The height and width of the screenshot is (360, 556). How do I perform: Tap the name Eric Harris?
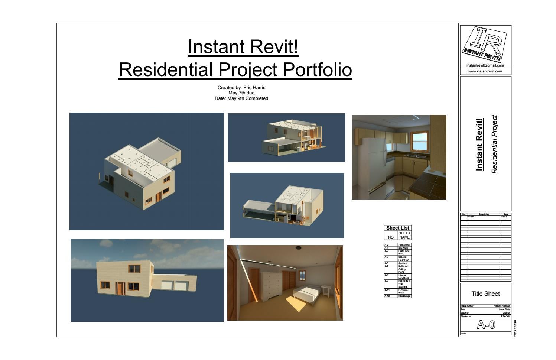tap(254, 88)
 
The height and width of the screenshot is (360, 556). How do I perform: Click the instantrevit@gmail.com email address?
tap(485, 65)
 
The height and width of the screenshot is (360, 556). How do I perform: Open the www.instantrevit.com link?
tap(485, 71)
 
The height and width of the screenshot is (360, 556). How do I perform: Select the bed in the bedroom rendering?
tap(307, 292)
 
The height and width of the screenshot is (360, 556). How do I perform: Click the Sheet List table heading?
tap(397, 228)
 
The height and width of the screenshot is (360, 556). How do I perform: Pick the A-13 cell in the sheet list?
tap(387, 296)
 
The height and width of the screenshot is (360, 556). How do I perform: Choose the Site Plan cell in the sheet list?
tap(403, 248)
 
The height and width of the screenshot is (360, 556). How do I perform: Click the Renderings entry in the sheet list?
tap(404, 296)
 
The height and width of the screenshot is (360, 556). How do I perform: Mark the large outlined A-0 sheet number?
tap(486, 325)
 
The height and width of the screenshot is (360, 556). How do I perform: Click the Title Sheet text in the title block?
tap(485, 294)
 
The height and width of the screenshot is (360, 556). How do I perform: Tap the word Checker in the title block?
tap(505, 316)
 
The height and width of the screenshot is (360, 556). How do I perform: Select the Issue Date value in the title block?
tap(504, 309)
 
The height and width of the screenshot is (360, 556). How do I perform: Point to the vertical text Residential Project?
tap(494, 144)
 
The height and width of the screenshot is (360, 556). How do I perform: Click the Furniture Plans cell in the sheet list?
tap(403, 291)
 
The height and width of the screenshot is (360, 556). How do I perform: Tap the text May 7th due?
tap(241, 93)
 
